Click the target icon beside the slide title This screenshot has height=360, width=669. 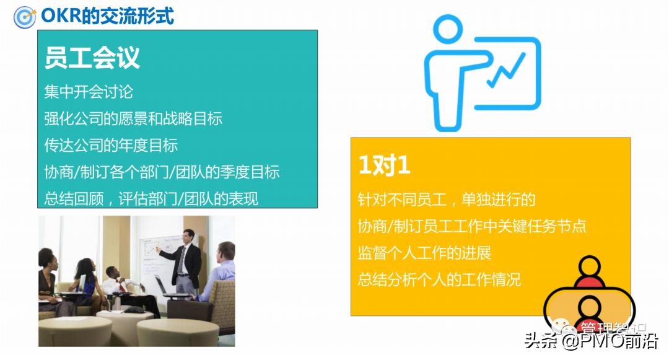coord(24,16)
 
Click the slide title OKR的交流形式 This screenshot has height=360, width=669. coord(107,15)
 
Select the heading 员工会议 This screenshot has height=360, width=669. coord(92,57)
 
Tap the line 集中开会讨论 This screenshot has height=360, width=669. coord(89,92)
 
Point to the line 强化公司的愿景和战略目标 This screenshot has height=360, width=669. coord(133,119)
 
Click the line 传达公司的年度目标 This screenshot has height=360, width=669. coord(111,146)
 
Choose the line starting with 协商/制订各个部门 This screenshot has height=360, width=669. coord(162,172)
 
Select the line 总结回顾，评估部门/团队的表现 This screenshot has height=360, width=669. coord(151,199)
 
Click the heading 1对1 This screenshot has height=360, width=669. coord(384,165)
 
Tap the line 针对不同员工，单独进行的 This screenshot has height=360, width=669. coord(447,200)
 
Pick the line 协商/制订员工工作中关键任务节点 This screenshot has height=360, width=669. coord(472,226)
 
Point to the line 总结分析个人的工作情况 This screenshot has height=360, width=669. coord(439,279)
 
